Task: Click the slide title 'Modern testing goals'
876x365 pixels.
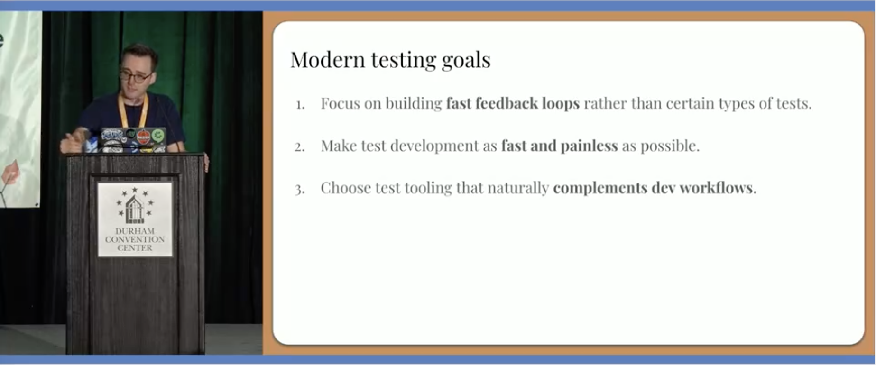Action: pyautogui.click(x=390, y=60)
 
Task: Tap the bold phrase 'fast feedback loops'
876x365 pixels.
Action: pyautogui.click(x=513, y=103)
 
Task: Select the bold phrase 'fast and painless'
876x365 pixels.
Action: pyautogui.click(x=560, y=146)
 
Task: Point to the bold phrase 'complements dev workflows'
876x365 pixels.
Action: pyautogui.click(x=653, y=188)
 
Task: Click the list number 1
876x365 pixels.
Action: pyautogui.click(x=300, y=105)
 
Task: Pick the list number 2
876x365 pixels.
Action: pyautogui.click(x=300, y=147)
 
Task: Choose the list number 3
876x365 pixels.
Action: pyautogui.click(x=300, y=190)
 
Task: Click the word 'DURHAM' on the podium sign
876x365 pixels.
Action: pyautogui.click(x=135, y=231)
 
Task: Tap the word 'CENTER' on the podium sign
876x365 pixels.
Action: pyautogui.click(x=135, y=248)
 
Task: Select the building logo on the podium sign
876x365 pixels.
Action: pyautogui.click(x=135, y=205)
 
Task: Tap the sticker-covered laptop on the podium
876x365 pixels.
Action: pyautogui.click(x=133, y=140)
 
